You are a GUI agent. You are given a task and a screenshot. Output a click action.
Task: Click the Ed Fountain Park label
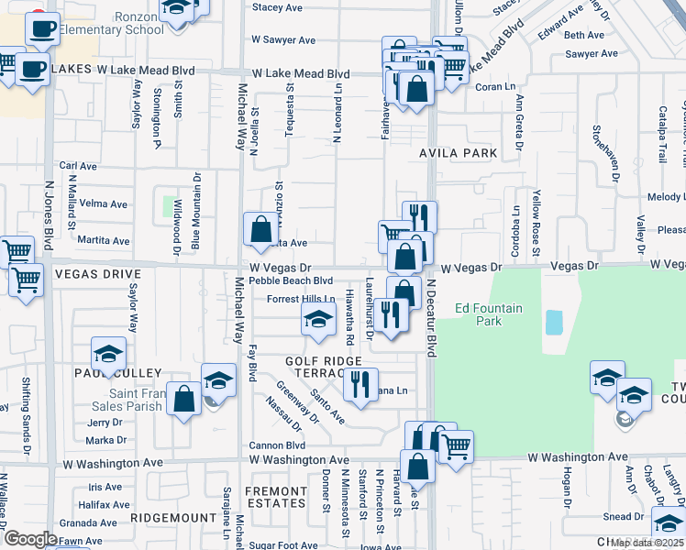pyautogui.click(x=489, y=314)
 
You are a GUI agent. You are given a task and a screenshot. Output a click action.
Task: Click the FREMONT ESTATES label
pyautogui.click(x=276, y=497)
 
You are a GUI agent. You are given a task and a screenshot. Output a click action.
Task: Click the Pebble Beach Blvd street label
pyautogui.click(x=291, y=280)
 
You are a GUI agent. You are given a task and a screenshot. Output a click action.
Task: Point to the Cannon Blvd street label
pyautogui.click(x=276, y=445)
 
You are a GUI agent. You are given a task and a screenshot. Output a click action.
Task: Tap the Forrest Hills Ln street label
pyautogui.click(x=301, y=299)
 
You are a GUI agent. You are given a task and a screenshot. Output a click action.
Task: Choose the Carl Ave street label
pyautogui.click(x=78, y=166)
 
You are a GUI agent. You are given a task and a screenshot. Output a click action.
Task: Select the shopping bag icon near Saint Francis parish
pyautogui.click(x=184, y=399)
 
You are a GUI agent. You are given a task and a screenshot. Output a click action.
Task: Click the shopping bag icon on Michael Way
pyautogui.click(x=260, y=228)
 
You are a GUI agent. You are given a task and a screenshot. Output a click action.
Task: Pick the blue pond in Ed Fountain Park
pyautogui.click(x=554, y=322)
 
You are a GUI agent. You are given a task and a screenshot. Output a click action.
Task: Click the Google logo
pyautogui.click(x=30, y=539)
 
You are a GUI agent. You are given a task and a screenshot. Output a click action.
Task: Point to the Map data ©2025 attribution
pyautogui.click(x=646, y=543)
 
